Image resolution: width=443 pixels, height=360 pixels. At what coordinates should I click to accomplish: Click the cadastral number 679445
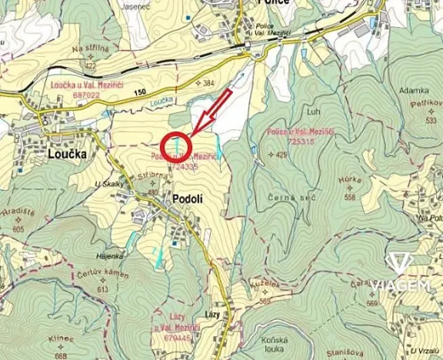(178, 337)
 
